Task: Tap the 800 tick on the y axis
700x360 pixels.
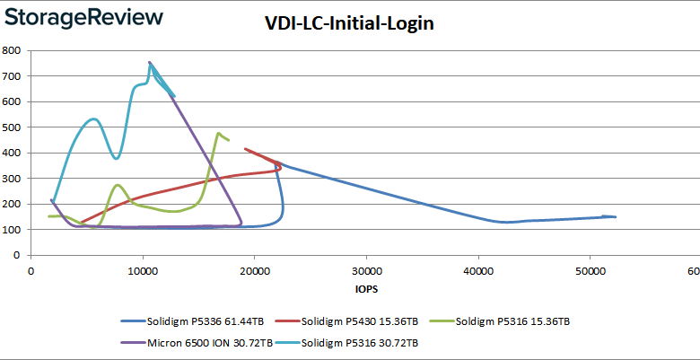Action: pyautogui.click(x=12, y=51)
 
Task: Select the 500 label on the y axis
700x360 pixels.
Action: pyautogui.click(x=12, y=127)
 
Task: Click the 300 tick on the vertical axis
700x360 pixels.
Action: pyautogui.click(x=12, y=179)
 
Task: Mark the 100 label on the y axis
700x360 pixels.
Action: pyautogui.click(x=12, y=230)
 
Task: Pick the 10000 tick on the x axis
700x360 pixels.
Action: pyautogui.click(x=142, y=271)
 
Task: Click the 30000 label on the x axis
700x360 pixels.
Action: pyautogui.click(x=365, y=271)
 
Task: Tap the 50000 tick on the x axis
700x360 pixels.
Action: pyautogui.click(x=589, y=271)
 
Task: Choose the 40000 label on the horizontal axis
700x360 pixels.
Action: pyautogui.click(x=477, y=271)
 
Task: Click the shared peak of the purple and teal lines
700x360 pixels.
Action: pyautogui.click(x=150, y=63)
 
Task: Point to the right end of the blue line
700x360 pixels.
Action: pyautogui.click(x=616, y=217)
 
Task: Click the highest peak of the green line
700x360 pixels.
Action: pyautogui.click(x=218, y=133)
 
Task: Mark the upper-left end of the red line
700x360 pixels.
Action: pyautogui.click(x=245, y=149)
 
